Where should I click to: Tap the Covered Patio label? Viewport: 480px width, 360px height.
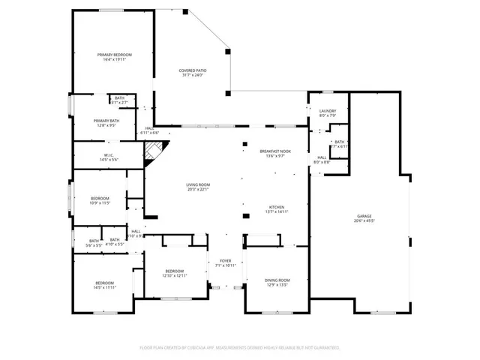pos(192,70)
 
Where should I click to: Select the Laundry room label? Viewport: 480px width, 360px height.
pos(328,111)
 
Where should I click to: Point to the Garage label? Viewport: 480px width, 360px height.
pos(364,216)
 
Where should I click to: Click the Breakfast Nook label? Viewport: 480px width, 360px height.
pos(271,151)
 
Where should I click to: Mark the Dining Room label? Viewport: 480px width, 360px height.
pos(277,280)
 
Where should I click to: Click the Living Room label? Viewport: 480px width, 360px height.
pos(198,184)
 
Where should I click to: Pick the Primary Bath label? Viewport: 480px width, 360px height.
pos(106,121)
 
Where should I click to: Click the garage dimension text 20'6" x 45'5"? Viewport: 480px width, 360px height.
pos(364,220)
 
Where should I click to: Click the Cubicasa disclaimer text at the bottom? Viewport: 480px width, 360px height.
pos(240,348)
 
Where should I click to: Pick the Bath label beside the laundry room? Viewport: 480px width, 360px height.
pos(340,142)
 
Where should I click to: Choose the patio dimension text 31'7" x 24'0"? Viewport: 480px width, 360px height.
pos(192,75)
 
